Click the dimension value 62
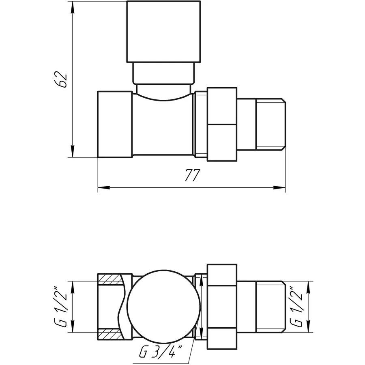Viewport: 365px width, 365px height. [x=62, y=79]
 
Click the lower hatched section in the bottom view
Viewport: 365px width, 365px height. [x=109, y=335]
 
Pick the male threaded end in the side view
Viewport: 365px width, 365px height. [x=270, y=124]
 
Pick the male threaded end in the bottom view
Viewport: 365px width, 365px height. [x=270, y=307]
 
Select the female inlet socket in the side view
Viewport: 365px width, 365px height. [x=114, y=124]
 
